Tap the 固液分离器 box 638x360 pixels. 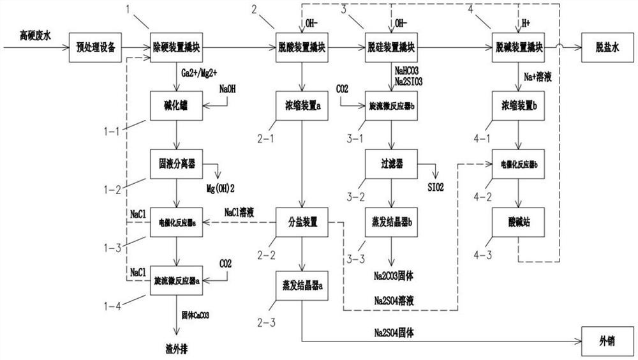point(176,164)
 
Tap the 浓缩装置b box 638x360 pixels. point(517,105)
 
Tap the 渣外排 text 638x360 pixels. point(175,349)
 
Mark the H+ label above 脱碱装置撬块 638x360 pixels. point(526,24)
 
